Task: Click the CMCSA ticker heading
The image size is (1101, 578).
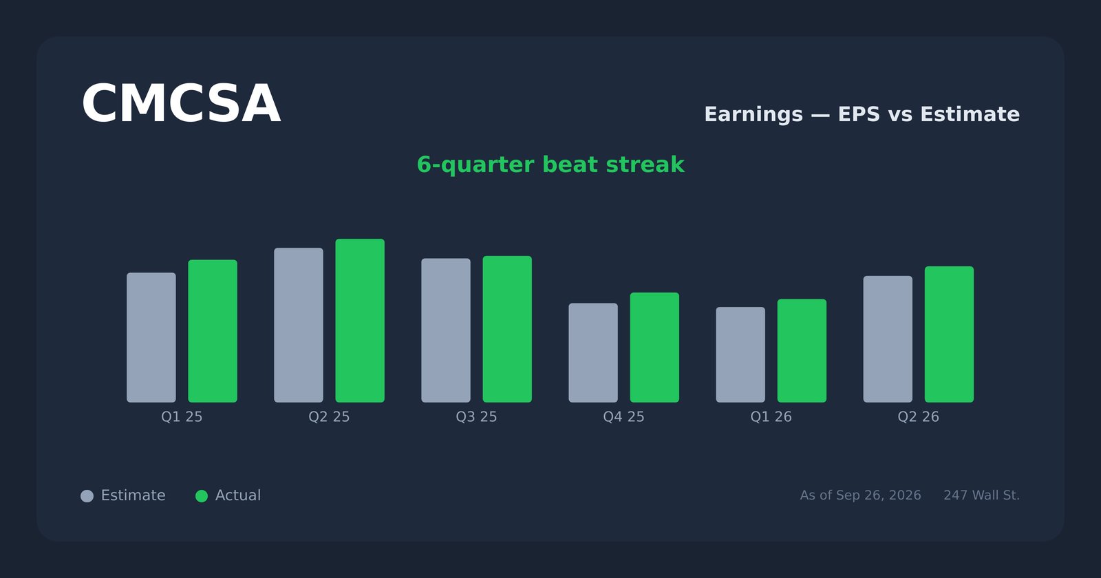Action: coord(181,104)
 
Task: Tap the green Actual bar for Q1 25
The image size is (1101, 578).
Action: coord(213,331)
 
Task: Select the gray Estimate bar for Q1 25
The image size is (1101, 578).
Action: coord(151,337)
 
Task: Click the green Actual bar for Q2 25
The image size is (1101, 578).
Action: coord(360,321)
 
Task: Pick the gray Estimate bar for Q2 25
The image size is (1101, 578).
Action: coord(299,325)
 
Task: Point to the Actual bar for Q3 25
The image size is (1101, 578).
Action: coord(507,329)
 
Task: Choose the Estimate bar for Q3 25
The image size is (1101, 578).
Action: coord(446,330)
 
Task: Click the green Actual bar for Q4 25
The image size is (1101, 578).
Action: coord(654,347)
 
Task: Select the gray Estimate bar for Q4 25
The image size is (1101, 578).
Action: coord(593,352)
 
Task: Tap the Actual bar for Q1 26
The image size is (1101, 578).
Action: coord(802,350)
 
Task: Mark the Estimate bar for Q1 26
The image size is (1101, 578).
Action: coord(740,354)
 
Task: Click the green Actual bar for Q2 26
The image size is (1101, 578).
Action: coord(949,334)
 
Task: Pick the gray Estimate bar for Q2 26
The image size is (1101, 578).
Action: coord(888,339)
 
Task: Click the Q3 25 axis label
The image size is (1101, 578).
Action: coord(476,417)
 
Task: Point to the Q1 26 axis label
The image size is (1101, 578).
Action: coord(771,417)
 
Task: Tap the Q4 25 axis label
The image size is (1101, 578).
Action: coord(623,417)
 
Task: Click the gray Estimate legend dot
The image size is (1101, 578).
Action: coord(87,496)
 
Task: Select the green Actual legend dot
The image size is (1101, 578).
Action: coord(202,496)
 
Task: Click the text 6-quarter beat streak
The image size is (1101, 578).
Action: coord(550,164)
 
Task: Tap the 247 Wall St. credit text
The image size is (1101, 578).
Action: coord(981,495)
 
